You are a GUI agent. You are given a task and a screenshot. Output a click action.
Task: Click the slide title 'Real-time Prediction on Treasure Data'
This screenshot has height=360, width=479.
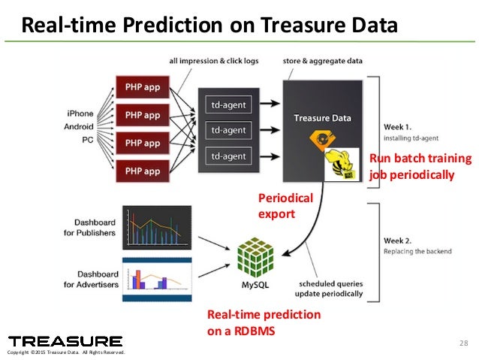pos(208,26)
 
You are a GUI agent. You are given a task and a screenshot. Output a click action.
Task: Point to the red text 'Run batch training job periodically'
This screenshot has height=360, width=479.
pos(420,167)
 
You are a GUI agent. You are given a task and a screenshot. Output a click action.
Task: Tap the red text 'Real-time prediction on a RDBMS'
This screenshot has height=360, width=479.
pos(264,321)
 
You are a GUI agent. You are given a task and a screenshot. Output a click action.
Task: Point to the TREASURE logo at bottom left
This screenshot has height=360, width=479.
pos(65,341)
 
